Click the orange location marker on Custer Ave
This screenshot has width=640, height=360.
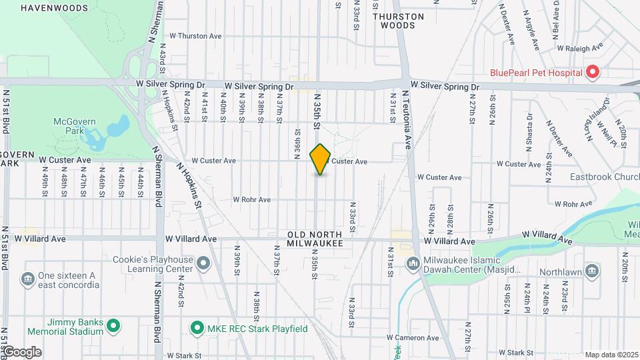tap(321, 159)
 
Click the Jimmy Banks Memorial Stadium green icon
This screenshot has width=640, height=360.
tap(113, 326)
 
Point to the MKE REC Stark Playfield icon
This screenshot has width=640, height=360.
tap(197, 328)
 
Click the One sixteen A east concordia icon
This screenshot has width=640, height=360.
tap(27, 277)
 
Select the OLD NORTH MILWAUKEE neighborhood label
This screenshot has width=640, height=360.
tap(315, 239)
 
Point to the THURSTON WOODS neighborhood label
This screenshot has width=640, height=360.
tap(398, 21)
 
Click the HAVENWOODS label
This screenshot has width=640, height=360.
tap(54, 8)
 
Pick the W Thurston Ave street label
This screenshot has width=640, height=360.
tap(196, 36)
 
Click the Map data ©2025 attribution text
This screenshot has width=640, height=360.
tap(611, 355)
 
